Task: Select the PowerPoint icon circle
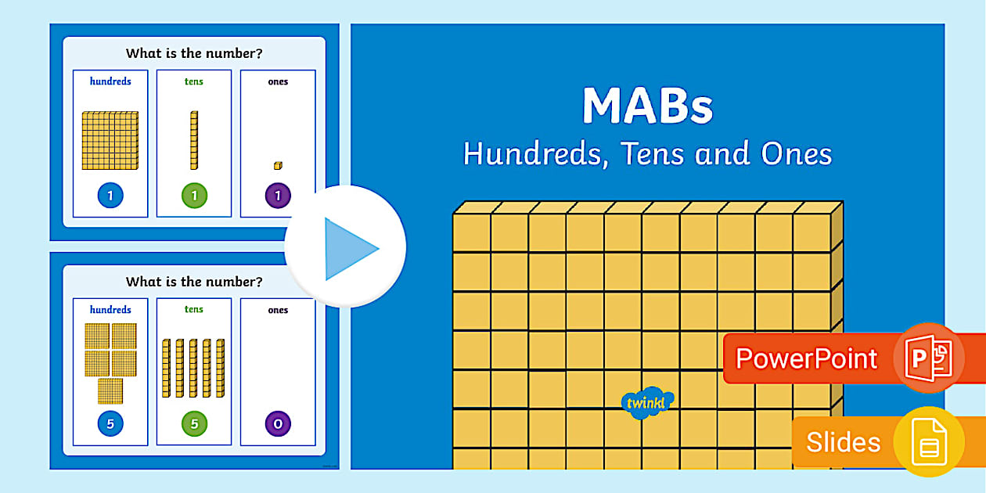929,358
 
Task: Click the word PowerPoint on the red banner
806,358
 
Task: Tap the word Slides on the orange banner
844,442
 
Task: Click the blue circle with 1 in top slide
110,196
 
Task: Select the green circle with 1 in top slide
194,196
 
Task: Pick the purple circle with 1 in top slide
278,196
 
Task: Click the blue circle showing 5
110,424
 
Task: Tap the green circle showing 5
194,424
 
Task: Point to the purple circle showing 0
278,424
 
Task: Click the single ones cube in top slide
278,165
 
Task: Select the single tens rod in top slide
193,140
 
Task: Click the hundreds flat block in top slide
110,141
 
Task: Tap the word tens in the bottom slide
194,309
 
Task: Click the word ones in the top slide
278,81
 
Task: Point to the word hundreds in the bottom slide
110,309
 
